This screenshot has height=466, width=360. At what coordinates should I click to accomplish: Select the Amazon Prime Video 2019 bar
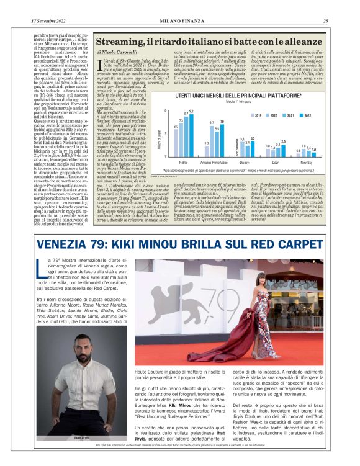pyautogui.click(x=206, y=149)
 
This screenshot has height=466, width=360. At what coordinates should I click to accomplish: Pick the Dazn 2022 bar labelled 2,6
pyautogui.click(x=283, y=148)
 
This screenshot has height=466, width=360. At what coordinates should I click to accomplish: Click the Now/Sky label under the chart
pyautogui.click(x=305, y=160)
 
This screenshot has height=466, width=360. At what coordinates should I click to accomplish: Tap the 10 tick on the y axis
pyautogui.click(x=166, y=110)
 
